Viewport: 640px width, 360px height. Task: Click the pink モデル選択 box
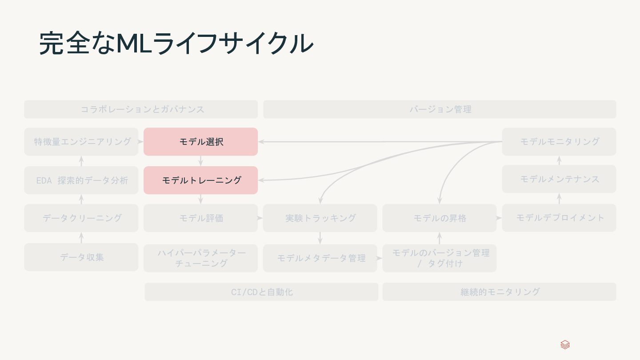[200, 142]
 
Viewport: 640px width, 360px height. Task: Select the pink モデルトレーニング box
[200, 180]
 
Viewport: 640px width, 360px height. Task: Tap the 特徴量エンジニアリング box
[81, 142]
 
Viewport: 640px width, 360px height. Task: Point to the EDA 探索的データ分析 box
[81, 180]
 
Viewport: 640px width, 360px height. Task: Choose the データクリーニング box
[81, 218]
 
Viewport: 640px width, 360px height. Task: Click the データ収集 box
[81, 257]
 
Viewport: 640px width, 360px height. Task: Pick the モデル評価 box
[200, 218]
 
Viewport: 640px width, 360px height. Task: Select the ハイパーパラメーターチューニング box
[200, 258]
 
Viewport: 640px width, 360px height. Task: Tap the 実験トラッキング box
[320, 218]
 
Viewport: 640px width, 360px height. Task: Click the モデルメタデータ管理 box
[320, 258]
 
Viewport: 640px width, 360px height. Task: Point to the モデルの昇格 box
[439, 218]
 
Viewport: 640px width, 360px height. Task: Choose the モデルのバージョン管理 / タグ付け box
[439, 258]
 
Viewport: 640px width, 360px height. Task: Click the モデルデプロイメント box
[559, 218]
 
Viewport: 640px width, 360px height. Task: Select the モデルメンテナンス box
[559, 179]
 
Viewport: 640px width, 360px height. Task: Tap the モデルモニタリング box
[559, 142]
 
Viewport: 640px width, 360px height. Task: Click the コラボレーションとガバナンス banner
[141, 109]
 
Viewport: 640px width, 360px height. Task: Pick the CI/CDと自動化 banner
[261, 292]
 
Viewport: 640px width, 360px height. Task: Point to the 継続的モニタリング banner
[499, 292]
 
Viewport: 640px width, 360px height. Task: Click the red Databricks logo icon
[565, 345]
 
